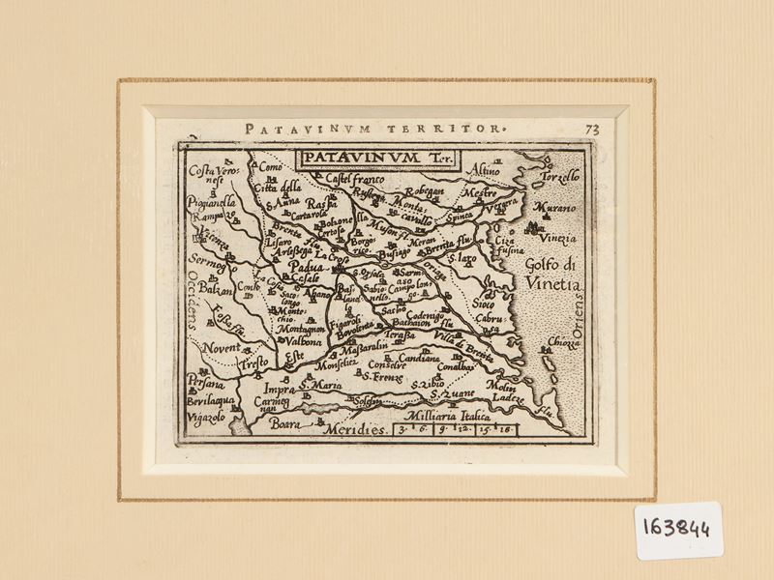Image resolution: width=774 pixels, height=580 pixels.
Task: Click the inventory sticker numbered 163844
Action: (x=678, y=530)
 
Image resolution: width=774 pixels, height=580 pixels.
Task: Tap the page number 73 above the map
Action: (x=592, y=129)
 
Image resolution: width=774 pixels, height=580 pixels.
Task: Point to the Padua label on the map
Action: (x=309, y=267)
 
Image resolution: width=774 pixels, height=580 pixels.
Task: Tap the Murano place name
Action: (x=554, y=208)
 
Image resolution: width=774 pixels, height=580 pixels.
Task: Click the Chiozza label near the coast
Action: (x=564, y=341)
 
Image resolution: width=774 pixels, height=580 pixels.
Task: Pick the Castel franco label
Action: (x=355, y=180)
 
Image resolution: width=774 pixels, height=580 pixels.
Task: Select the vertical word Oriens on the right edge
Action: (x=579, y=318)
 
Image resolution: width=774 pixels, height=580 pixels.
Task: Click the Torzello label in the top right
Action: (x=559, y=176)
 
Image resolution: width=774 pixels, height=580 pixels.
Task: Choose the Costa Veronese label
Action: (x=212, y=177)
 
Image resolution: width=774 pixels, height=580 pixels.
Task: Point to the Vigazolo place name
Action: (x=206, y=416)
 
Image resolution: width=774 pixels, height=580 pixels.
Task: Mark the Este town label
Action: (x=294, y=356)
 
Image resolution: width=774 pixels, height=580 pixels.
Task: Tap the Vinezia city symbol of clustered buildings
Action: (x=532, y=227)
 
